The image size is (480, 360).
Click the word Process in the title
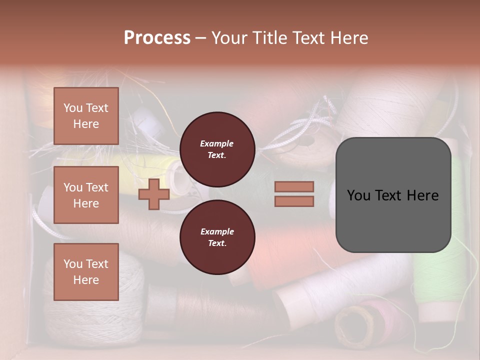(x=157, y=38)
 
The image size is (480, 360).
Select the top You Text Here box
(x=86, y=116)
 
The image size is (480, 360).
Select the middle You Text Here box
(x=86, y=195)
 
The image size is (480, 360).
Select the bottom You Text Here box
(x=86, y=272)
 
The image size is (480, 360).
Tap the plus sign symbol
(x=154, y=194)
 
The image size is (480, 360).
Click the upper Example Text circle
(x=217, y=149)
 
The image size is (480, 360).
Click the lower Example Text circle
(x=217, y=237)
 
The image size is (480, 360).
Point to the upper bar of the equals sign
(x=294, y=186)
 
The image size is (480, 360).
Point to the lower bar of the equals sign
(x=294, y=201)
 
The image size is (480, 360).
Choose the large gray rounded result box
(x=393, y=194)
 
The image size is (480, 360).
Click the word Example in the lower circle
(x=217, y=231)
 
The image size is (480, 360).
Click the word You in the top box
(x=73, y=108)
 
